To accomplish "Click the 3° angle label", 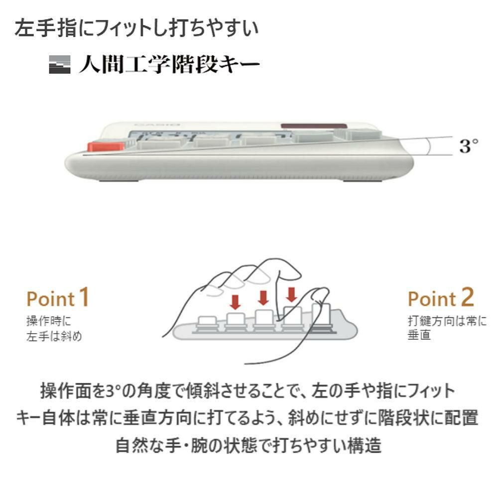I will [x=468, y=146].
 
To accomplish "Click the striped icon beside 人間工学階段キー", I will [x=60, y=65].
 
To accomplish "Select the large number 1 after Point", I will [x=84, y=297].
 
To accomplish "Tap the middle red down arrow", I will [x=263, y=297].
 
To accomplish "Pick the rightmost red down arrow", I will [x=291, y=295].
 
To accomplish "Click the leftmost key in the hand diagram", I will [x=205, y=322].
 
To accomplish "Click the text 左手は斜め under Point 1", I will [x=54, y=336].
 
